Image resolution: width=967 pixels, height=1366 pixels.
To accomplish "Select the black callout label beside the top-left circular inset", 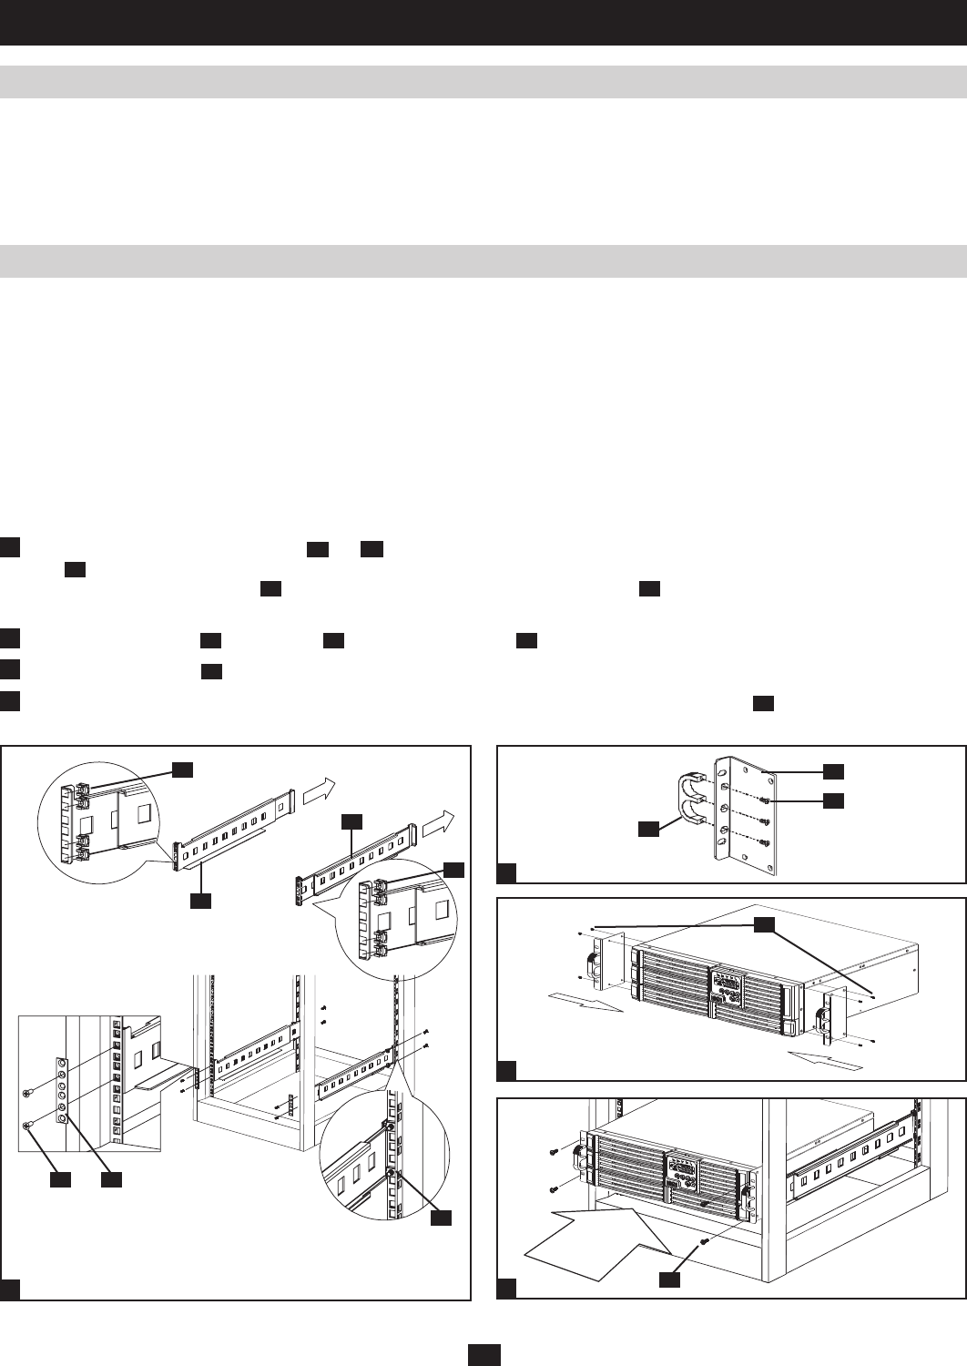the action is click(183, 770).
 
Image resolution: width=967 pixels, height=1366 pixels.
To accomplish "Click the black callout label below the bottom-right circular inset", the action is click(442, 1217).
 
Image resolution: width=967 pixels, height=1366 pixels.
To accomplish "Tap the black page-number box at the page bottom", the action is click(483, 1355).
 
